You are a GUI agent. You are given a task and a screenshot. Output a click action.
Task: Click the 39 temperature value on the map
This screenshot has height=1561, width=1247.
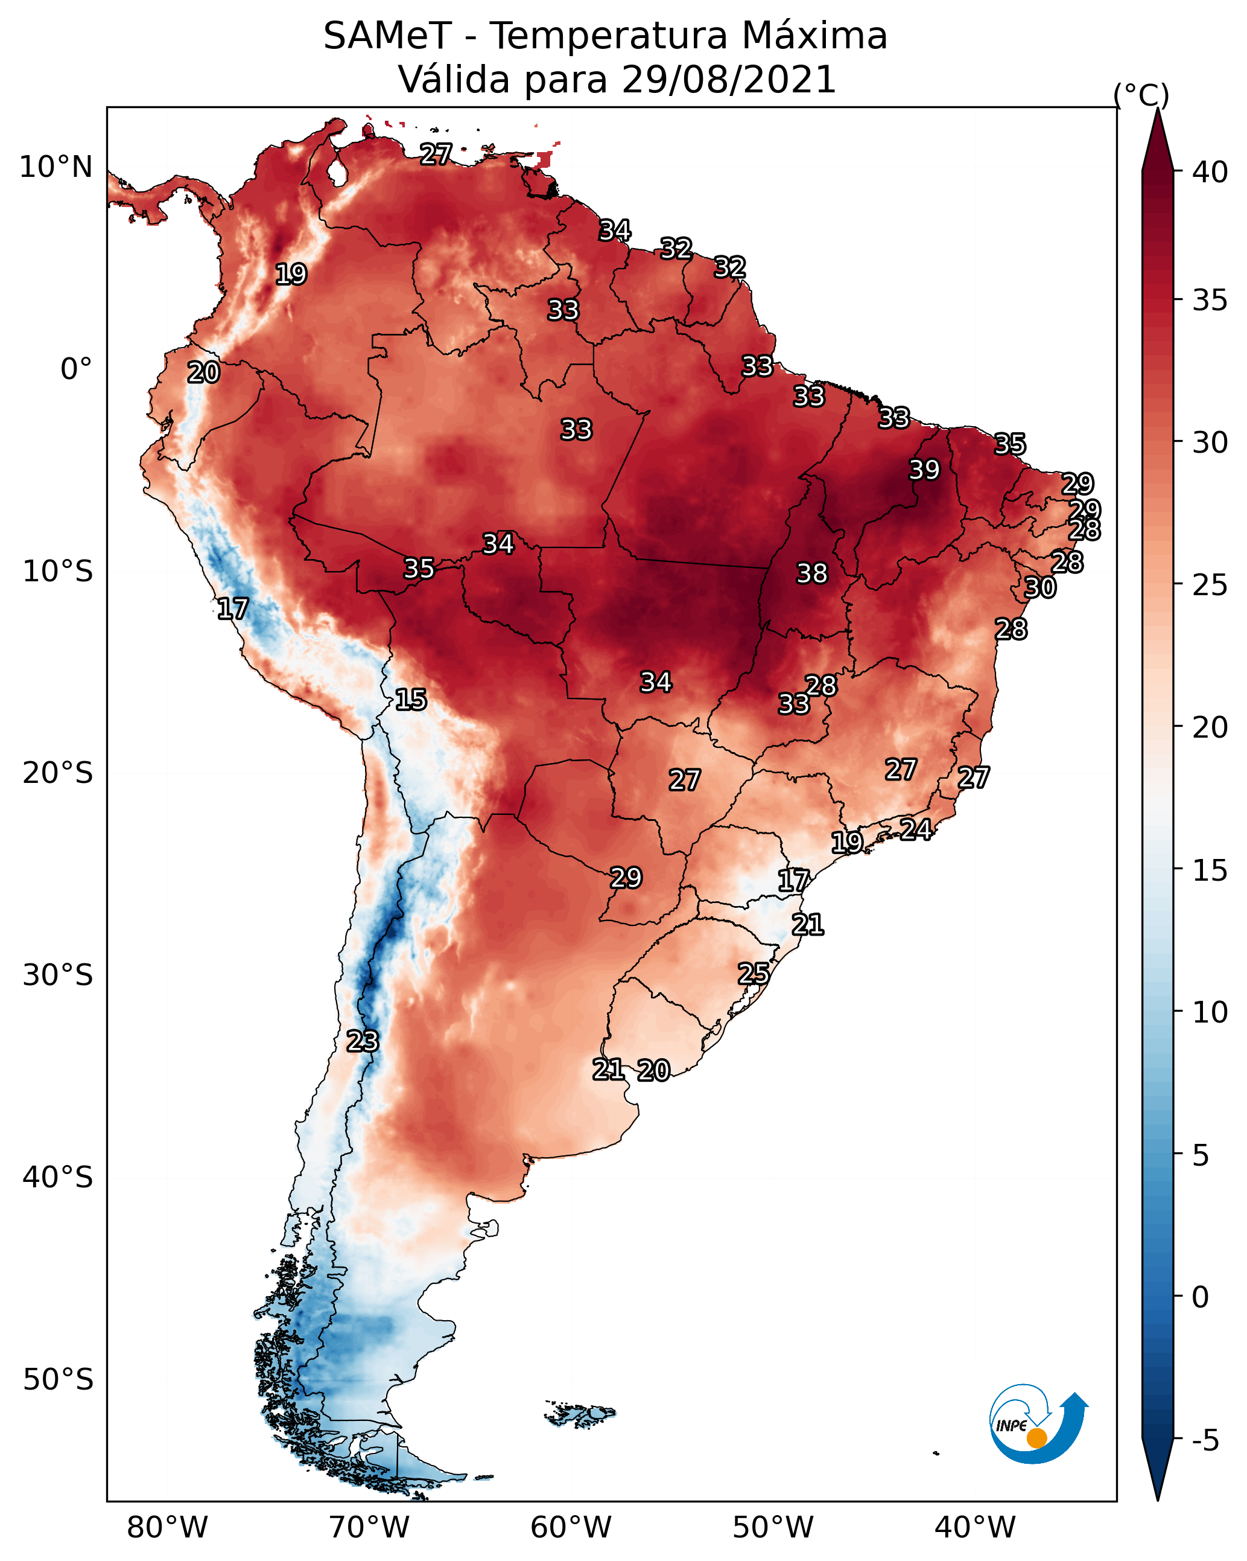[924, 470]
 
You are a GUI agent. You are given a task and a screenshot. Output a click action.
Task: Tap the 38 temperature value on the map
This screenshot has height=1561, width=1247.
[812, 573]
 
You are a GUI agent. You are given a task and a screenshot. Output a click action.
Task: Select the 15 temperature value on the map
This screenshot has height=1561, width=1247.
[410, 700]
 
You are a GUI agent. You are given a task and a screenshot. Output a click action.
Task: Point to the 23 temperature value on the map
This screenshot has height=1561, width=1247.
[362, 1041]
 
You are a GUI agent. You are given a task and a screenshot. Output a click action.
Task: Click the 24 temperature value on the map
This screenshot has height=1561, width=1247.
[916, 829]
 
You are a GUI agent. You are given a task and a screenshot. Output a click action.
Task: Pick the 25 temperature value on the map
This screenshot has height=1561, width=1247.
[754, 974]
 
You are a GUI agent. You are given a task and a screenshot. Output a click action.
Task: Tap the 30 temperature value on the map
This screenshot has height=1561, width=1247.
[1040, 587]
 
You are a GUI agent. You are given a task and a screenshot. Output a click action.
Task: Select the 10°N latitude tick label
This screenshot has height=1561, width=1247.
[56, 167]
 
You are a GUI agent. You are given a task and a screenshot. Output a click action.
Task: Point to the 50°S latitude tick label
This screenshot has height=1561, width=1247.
[58, 1380]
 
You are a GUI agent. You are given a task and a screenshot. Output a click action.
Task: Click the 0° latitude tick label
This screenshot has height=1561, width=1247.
[77, 369]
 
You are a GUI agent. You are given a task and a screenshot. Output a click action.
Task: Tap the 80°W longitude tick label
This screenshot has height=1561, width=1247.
[168, 1528]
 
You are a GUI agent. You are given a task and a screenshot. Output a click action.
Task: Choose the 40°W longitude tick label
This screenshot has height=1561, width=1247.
[976, 1528]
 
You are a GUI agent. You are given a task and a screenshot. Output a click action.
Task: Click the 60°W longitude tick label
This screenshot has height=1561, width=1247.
[572, 1528]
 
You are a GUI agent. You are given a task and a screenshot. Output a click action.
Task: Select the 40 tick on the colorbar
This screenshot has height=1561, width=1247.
[1210, 172]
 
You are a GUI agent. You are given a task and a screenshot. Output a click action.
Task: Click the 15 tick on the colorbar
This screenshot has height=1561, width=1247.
[1210, 871]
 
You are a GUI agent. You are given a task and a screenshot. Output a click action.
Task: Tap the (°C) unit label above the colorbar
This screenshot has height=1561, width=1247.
[1141, 95]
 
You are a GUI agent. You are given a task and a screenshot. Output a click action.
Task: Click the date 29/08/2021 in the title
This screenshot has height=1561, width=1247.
[729, 80]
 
